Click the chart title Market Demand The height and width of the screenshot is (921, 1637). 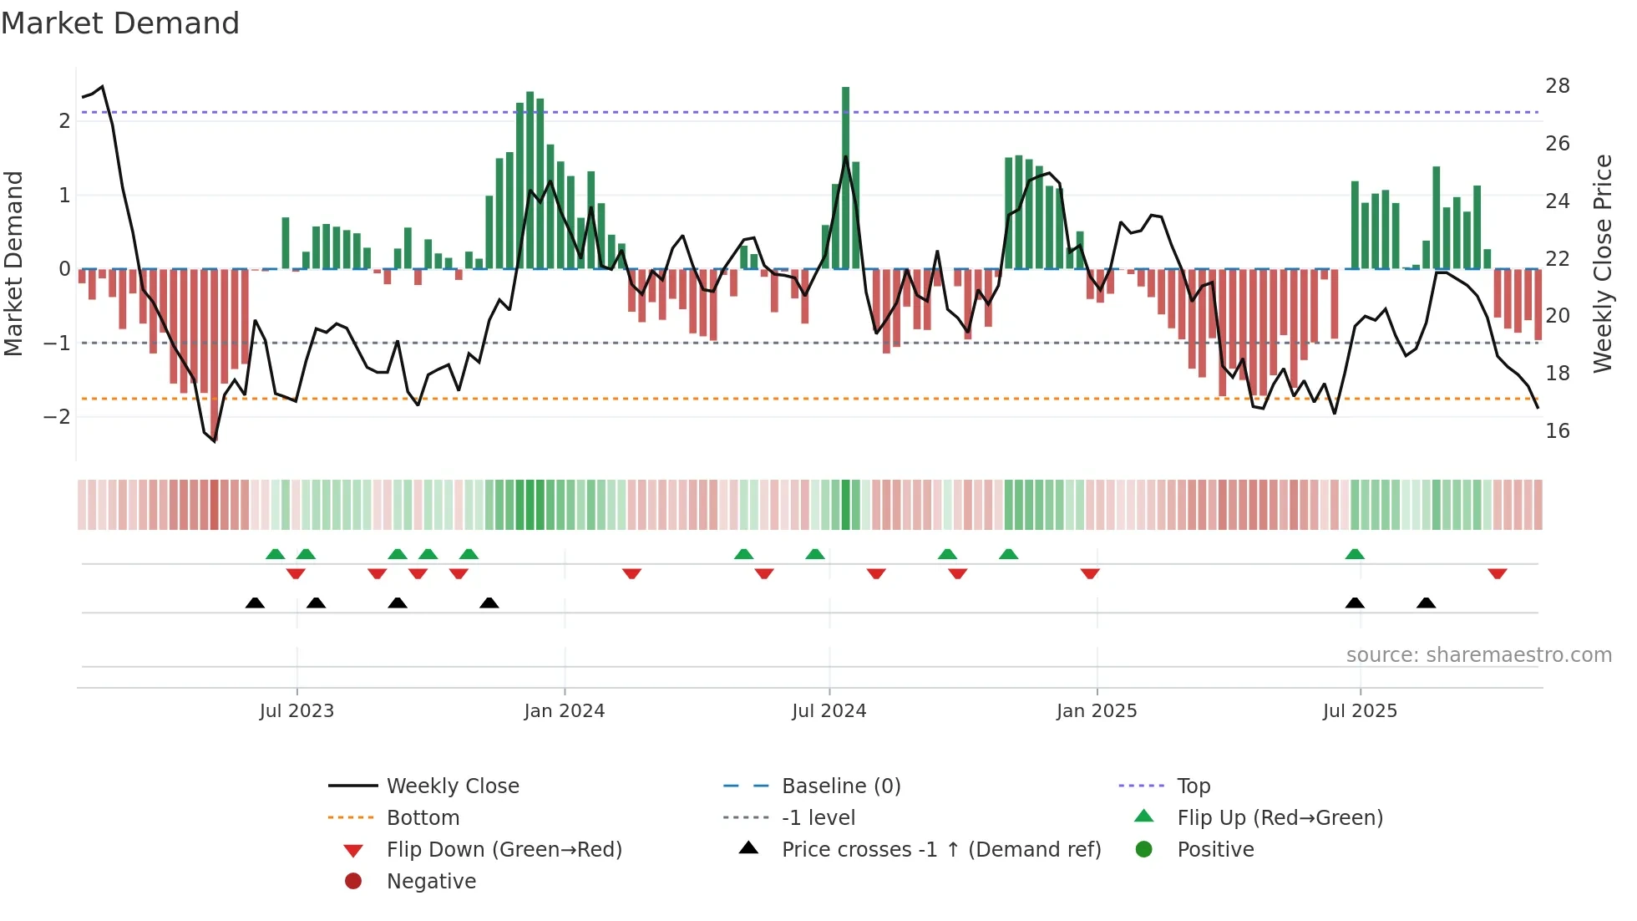120,23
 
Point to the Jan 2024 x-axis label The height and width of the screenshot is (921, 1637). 564,711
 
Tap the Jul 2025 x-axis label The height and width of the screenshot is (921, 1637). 1359,711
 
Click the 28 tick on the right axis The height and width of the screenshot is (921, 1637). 1557,86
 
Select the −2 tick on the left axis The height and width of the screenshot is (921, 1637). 57,416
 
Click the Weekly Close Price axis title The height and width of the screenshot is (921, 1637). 1602,263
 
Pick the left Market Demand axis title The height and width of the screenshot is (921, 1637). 13,263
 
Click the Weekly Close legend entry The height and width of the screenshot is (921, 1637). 452,786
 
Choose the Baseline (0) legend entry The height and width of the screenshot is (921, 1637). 840,786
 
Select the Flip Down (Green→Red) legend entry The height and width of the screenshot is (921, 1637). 504,850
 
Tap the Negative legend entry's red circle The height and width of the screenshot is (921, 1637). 353,882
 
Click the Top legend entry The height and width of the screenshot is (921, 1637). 1193,786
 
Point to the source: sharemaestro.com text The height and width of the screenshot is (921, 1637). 1478,655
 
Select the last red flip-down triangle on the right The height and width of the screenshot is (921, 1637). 1497,573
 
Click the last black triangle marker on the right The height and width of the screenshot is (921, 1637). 1426,603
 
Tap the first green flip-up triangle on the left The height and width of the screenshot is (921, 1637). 275,554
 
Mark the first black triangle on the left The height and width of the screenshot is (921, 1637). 255,603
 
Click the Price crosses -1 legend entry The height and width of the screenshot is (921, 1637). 940,850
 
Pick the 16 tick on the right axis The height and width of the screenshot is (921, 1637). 1557,431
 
